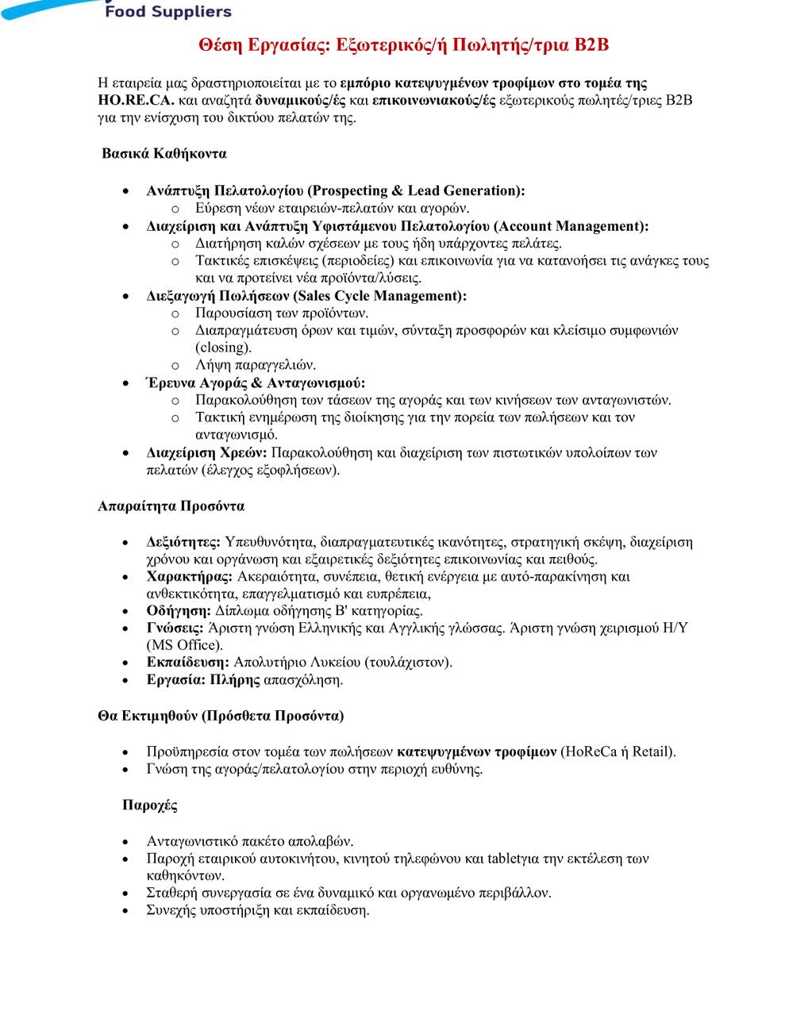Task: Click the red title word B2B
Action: tap(591, 45)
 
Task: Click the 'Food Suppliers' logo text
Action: tap(168, 12)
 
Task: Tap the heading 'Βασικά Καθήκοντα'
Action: tap(164, 153)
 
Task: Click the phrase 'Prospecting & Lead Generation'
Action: tap(414, 190)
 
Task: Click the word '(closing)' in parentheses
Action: tap(223, 348)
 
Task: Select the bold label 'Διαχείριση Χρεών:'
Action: tap(207, 453)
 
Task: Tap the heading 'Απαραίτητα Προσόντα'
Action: tap(171, 506)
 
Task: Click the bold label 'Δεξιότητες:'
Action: tap(183, 542)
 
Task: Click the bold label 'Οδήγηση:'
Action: tap(179, 611)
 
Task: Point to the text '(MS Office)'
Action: tap(184, 645)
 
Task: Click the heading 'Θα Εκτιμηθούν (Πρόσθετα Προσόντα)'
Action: tap(221, 716)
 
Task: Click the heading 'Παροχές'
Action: tap(149, 805)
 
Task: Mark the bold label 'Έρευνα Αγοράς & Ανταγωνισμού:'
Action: tap(256, 383)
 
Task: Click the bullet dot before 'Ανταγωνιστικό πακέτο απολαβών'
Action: tap(126, 842)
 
